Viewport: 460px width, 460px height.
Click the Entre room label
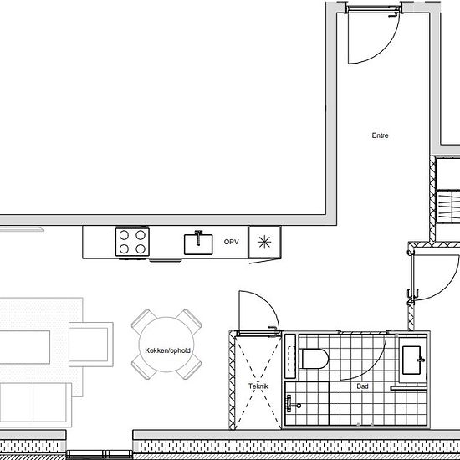380,135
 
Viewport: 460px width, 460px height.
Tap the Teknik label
258,386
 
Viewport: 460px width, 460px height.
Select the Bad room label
362,386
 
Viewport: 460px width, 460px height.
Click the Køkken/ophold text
167,350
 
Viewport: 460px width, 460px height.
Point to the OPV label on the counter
231,242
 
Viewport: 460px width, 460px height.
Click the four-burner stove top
132,242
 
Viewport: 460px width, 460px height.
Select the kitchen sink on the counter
198,243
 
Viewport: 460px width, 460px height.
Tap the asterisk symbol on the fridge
264,243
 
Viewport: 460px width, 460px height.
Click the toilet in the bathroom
314,359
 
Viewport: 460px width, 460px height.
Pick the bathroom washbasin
411,360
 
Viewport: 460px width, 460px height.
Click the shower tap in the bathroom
293,404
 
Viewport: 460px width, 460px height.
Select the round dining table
166,345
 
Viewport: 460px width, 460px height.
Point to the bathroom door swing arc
372,366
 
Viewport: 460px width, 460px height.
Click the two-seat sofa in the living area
35,404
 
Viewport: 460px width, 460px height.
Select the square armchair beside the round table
91,345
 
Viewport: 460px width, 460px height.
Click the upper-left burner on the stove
124,235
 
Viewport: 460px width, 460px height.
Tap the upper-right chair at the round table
189,321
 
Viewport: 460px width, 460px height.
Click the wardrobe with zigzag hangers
448,207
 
